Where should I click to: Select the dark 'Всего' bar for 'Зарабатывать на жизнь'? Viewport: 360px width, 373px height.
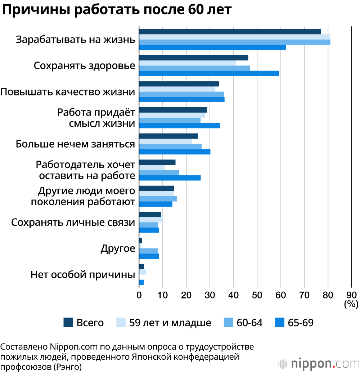click(230, 32)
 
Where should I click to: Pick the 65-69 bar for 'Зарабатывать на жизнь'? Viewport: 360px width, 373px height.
click(212, 47)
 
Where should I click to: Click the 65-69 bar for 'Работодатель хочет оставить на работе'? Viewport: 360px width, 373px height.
click(170, 178)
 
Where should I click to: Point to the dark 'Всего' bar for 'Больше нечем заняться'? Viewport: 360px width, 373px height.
click(168, 136)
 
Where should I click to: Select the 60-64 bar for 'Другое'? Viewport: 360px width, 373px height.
click(148, 251)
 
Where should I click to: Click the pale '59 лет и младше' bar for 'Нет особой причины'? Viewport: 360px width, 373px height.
click(142, 272)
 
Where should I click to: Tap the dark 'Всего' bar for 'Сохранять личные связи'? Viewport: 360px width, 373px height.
click(150, 215)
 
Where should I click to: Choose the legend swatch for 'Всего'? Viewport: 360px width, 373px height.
click(68, 323)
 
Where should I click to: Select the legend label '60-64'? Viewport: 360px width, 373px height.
click(249, 323)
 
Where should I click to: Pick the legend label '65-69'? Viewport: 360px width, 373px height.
click(301, 323)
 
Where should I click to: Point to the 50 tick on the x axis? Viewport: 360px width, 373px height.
click(257, 296)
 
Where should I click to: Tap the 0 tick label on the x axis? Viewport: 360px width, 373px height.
click(139, 296)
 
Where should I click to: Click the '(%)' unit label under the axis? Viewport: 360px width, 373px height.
click(351, 304)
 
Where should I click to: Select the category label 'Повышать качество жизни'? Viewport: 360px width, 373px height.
click(68, 92)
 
